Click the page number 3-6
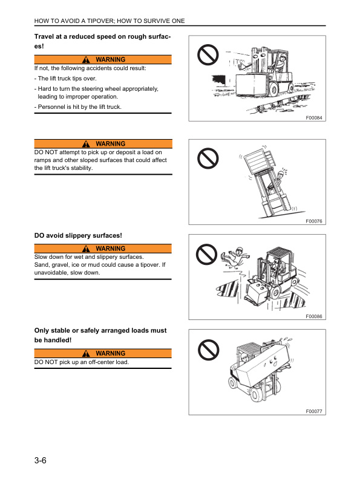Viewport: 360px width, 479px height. click(40, 460)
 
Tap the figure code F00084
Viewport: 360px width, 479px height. click(314, 117)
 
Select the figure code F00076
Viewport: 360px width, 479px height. click(314, 221)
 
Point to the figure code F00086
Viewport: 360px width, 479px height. click(314, 316)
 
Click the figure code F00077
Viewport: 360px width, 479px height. click(314, 411)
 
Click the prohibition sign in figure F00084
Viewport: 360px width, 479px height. click(208, 55)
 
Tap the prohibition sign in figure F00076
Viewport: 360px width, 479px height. click(208, 158)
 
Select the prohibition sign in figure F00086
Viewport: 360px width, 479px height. click(206, 255)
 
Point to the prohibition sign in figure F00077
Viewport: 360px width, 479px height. click(208, 350)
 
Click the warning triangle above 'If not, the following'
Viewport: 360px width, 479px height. click(86, 59)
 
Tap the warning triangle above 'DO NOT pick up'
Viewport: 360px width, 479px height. click(86, 353)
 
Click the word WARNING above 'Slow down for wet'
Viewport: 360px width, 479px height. click(110, 249)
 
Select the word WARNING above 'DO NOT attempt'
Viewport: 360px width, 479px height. click(110, 143)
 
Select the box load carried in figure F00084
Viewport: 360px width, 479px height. click(251, 84)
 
